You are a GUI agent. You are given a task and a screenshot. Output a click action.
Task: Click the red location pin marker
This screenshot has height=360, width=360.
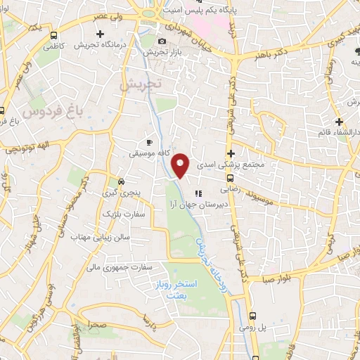[x=181, y=165]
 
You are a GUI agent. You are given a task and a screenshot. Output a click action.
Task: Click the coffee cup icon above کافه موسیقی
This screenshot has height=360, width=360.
[x=148, y=139]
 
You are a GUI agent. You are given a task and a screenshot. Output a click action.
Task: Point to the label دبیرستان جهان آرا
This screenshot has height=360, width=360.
[x=193, y=205]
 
